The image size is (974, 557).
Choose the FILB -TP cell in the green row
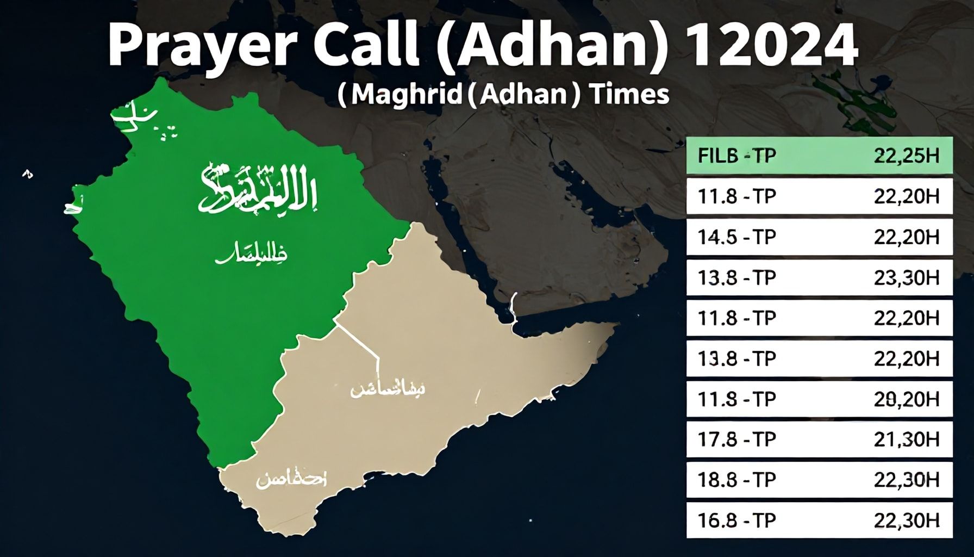coord(736,156)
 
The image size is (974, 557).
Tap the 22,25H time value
coord(906,156)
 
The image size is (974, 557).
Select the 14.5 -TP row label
coord(736,237)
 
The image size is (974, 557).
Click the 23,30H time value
coord(906,278)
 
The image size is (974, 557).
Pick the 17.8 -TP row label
coord(736,439)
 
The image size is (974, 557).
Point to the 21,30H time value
coord(906,439)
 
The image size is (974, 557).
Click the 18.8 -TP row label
coord(736,480)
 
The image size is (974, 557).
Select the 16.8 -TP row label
coord(736,521)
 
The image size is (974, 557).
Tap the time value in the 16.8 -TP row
coord(906,521)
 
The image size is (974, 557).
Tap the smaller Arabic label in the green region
coord(251,255)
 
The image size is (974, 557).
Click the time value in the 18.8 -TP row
coord(906,480)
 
